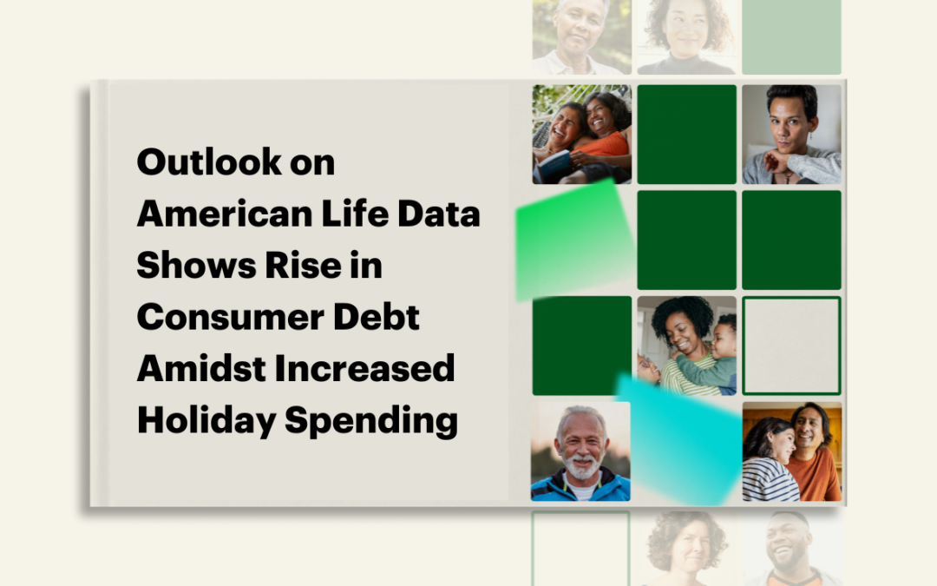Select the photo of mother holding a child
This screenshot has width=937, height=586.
pos(686,346)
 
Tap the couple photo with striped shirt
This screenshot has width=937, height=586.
pos(791,451)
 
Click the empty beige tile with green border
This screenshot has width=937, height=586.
pos(791,346)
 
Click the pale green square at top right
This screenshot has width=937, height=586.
pos(791,36)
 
